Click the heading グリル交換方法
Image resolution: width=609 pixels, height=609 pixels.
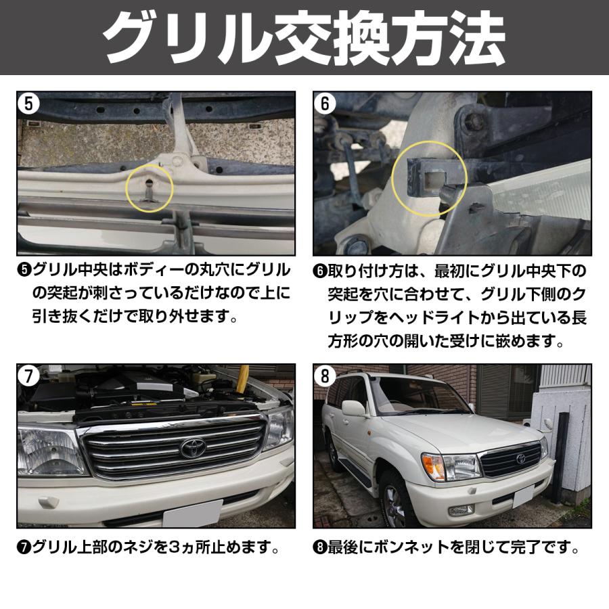(304, 37)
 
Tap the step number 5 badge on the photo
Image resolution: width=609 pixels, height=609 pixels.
(28, 104)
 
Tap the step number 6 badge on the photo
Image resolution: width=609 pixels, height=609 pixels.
(326, 104)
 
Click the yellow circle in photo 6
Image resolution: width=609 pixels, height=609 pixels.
(429, 179)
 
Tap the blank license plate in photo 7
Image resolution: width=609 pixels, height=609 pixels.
(192, 514)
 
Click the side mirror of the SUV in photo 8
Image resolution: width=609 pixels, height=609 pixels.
(354, 408)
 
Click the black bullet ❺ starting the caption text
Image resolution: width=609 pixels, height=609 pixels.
(24, 271)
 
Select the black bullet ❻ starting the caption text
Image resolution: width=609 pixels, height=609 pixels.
(320, 271)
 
